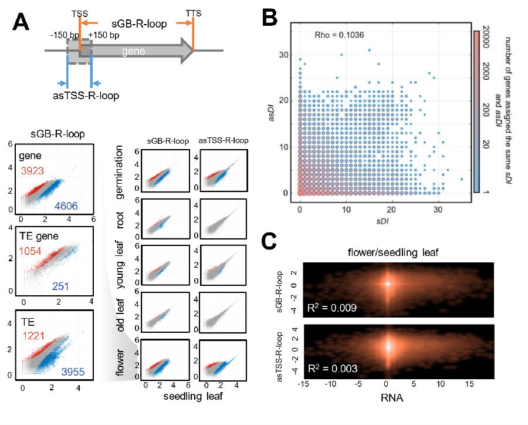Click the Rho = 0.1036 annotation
[340, 35]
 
